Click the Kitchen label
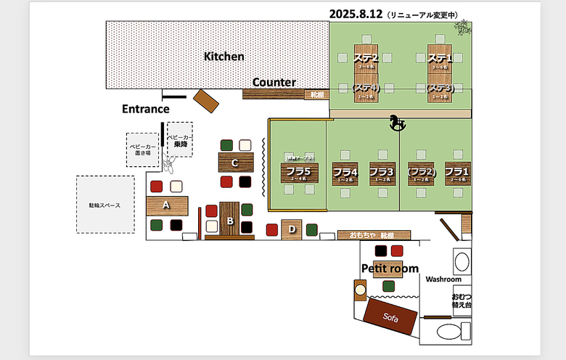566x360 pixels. coord(223,57)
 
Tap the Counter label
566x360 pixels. coord(274,83)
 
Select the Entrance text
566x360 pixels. coord(145,109)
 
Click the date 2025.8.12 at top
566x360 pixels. coord(356,14)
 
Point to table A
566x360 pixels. coord(167,205)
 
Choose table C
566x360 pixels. coord(234,163)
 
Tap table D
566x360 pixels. coord(292,229)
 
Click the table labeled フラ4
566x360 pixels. coord(345,173)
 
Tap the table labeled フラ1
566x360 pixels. coord(457,173)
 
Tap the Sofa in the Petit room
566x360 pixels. coord(391,316)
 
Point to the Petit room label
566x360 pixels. coord(390,269)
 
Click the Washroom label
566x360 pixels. coord(443,279)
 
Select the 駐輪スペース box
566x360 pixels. coord(99,205)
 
